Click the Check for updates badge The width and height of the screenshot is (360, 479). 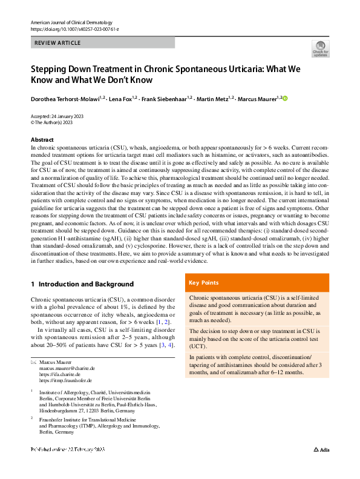coord(320,50)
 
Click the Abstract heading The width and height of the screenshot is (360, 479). coord(42,140)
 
